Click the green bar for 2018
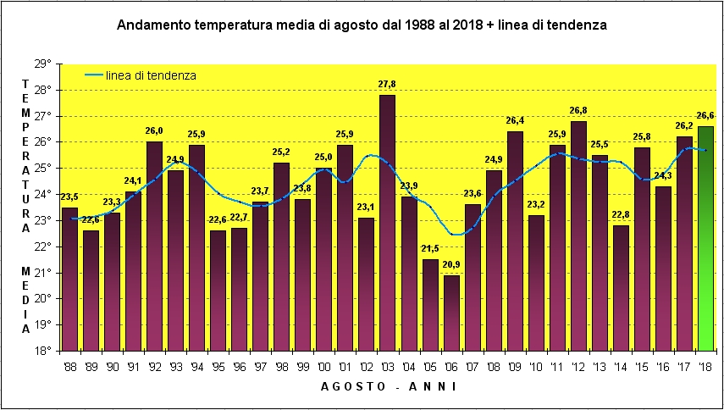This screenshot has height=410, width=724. (705, 238)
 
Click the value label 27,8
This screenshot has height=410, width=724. (387, 85)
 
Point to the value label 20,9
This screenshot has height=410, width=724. (450, 265)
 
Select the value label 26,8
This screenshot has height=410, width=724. (578, 111)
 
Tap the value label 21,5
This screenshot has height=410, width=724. (429, 249)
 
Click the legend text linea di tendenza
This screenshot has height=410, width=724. (152, 75)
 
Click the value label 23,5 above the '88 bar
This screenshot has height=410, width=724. (69, 198)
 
